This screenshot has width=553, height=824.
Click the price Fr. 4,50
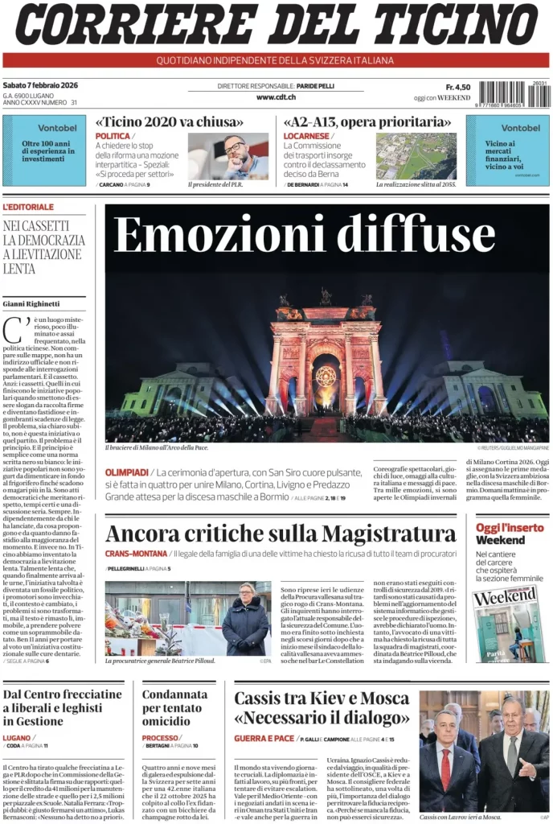click(458, 87)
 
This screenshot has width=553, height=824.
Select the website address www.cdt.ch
click(276, 97)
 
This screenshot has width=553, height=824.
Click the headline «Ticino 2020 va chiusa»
click(169, 122)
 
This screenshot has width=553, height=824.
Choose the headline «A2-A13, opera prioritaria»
click(366, 122)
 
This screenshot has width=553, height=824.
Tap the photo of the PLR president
click(228, 156)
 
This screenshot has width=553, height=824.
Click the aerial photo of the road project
click(416, 156)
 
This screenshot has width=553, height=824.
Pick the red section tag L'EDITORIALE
click(29, 208)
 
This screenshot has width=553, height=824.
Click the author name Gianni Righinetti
click(31, 303)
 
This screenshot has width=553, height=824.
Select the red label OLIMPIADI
click(126, 472)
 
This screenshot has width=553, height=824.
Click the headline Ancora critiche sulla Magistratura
click(281, 533)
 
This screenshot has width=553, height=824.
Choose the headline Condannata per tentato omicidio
click(174, 707)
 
